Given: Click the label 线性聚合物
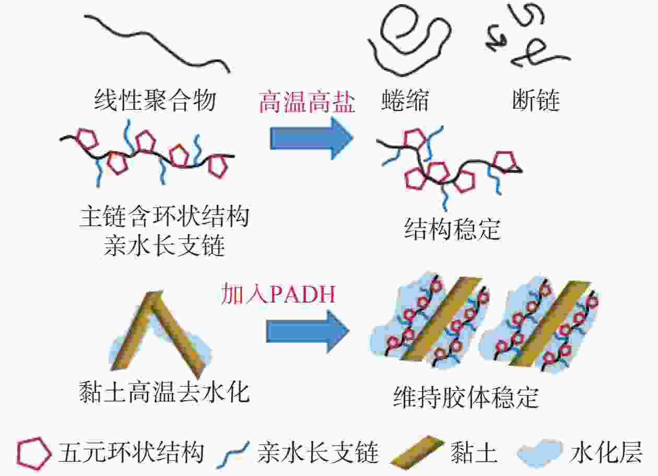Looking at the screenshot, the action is click(x=155, y=100).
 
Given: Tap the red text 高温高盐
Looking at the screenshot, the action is click(x=307, y=102).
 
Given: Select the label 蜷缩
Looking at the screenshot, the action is click(x=405, y=100).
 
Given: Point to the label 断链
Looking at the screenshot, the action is click(x=536, y=100).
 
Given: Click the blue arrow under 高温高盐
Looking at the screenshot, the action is click(x=311, y=138).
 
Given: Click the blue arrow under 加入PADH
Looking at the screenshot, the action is click(x=308, y=331).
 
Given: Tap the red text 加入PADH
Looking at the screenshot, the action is click(x=278, y=294).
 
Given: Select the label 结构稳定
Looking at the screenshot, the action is click(x=452, y=229).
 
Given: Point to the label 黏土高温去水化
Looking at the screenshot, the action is click(x=164, y=392).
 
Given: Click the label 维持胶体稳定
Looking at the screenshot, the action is click(x=466, y=397).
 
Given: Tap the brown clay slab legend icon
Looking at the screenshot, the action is click(x=417, y=452).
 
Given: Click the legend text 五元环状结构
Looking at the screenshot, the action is click(x=131, y=454).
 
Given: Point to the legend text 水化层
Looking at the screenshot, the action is click(x=606, y=454).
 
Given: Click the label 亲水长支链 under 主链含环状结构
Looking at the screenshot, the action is click(x=164, y=246).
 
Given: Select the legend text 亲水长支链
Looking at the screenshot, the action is click(x=319, y=454).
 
